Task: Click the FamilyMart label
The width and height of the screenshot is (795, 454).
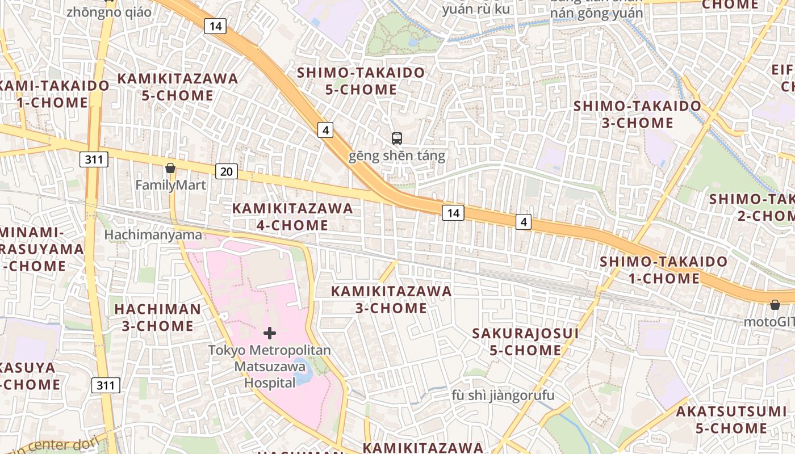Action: (170, 185)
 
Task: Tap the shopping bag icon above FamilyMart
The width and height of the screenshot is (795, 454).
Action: (170, 168)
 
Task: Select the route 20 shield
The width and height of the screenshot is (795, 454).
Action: (226, 171)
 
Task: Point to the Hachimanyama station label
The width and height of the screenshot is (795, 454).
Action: (153, 235)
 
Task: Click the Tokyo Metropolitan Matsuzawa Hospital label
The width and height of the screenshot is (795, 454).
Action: (270, 367)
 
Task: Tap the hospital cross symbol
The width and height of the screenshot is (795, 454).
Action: (270, 333)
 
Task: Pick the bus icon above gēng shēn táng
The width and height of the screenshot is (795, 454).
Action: (396, 138)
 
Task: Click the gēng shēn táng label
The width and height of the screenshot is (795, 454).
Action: (396, 155)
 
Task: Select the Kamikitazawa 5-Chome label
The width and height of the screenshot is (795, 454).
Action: (178, 87)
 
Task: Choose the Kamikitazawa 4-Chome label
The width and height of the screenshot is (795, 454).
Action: (292, 217)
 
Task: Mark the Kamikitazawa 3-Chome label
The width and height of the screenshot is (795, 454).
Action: (391, 300)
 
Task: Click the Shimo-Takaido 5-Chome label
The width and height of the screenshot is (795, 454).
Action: (361, 81)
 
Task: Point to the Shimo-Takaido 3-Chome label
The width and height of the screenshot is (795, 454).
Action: (637, 115)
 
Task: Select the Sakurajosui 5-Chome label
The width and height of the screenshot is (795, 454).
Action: (525, 342)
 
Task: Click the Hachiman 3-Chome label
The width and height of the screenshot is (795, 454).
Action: (157, 317)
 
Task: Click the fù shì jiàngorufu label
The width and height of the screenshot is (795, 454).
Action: (503, 395)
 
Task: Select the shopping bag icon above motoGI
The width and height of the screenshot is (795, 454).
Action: (775, 305)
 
